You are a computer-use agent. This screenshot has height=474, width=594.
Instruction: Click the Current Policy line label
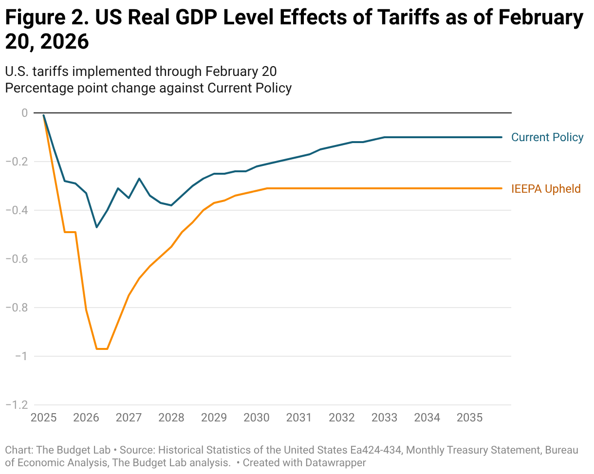click(x=547, y=137)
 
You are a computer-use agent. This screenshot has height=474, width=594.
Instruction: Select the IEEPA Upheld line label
click(x=546, y=188)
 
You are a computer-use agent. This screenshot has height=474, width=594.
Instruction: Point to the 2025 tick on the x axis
click(x=43, y=418)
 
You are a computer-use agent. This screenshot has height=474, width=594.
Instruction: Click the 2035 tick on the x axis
click(x=470, y=418)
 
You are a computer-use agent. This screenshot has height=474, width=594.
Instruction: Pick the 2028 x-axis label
click(x=171, y=418)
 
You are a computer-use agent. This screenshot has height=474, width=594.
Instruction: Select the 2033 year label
click(x=385, y=418)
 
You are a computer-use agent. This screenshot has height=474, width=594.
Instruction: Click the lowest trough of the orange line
click(x=102, y=349)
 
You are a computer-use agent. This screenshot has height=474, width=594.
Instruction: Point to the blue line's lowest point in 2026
click(x=96, y=227)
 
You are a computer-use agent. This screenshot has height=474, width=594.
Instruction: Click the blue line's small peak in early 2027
click(x=139, y=179)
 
